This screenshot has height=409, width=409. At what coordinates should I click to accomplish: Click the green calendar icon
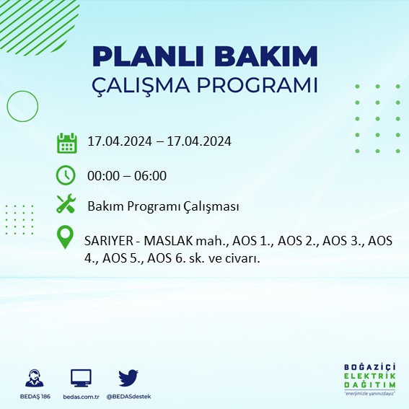[66, 142]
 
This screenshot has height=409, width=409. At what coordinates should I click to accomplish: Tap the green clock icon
[66, 175]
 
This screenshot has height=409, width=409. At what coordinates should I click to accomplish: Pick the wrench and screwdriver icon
[66, 206]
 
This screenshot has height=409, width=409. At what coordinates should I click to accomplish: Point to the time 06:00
[151, 175]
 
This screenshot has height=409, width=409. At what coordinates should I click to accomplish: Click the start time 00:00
[102, 175]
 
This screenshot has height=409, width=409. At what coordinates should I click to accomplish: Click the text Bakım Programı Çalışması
[163, 206]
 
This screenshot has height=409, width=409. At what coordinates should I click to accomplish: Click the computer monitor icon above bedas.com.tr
[81, 378]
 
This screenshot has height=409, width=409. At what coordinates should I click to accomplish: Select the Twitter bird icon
[128, 377]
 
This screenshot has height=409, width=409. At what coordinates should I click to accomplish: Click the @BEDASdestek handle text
[128, 397]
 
